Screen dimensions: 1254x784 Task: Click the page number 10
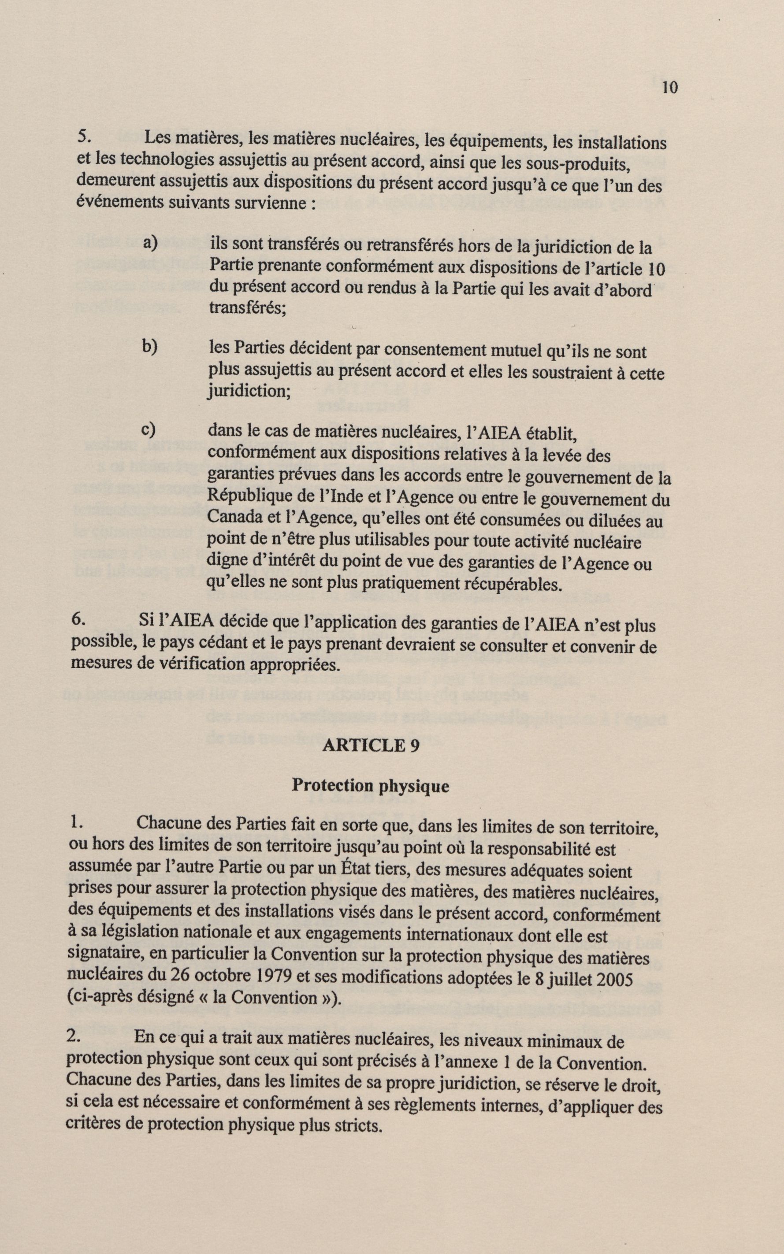669,88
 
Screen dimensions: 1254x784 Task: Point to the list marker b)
150,347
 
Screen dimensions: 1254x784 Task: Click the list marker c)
149,429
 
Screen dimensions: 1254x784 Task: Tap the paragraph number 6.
78,620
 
